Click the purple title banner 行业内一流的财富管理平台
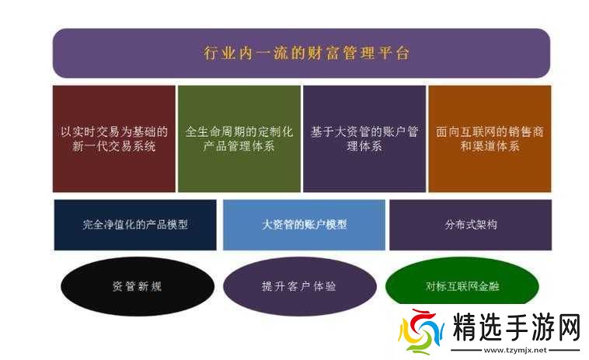tap(301, 53)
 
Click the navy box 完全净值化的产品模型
tap(135, 225)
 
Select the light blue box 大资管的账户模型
tap(304, 225)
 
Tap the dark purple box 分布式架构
tap(471, 225)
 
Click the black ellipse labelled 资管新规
tap(137, 286)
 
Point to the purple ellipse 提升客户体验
tap(299, 286)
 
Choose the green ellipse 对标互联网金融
tap(462, 286)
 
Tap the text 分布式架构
tap(471, 225)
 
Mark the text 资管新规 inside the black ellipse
tap(137, 286)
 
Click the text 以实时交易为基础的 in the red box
tap(113, 131)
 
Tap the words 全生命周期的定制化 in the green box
tap(239, 131)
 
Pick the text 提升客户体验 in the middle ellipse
tap(299, 286)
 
